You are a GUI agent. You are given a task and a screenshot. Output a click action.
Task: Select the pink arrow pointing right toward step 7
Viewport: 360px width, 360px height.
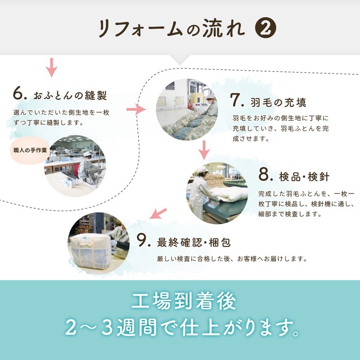(x=137, y=109)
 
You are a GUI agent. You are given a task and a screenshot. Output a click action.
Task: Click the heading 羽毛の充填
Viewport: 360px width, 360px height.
(x=279, y=102)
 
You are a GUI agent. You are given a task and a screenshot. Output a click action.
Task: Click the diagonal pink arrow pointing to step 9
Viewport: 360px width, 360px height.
(x=158, y=213)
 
